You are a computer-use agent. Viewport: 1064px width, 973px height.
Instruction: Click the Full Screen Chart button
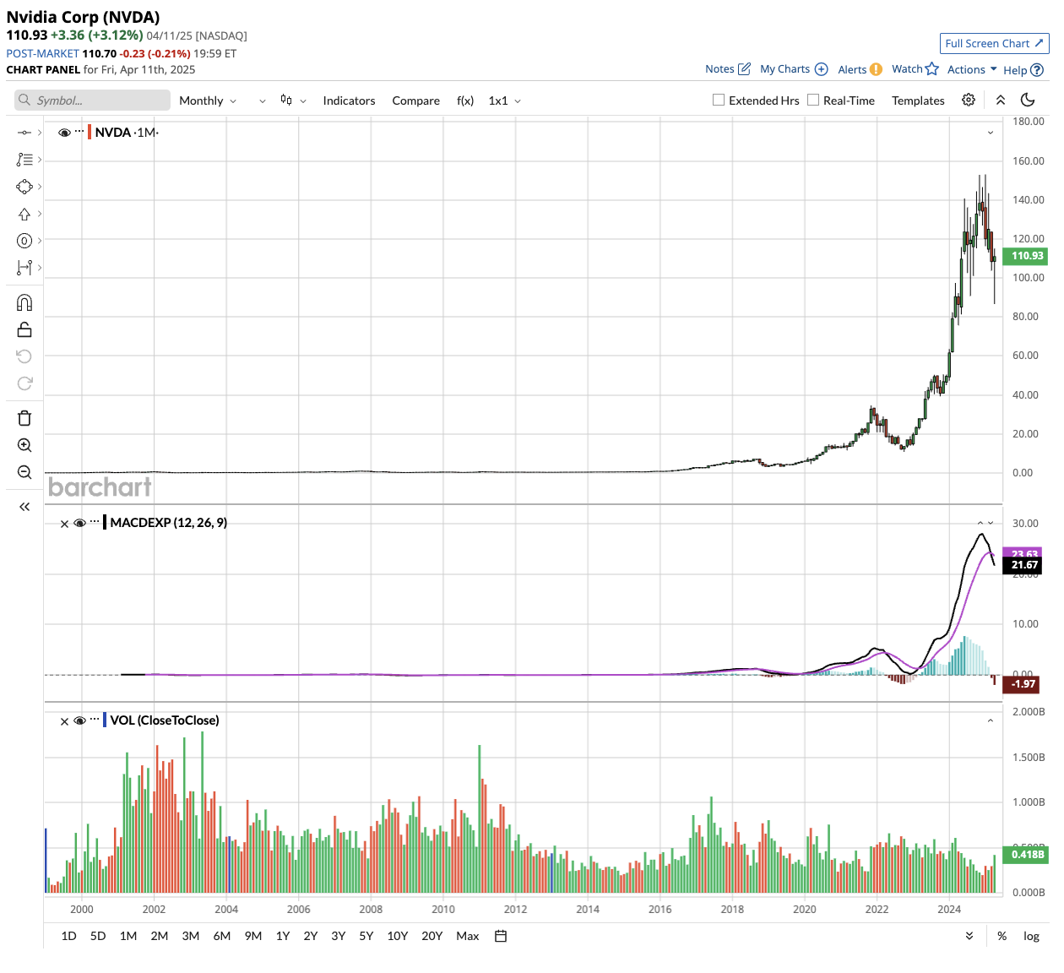994,44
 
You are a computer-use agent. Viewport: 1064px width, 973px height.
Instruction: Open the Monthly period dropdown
208,101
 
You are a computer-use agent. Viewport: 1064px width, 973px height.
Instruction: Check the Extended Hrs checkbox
719,100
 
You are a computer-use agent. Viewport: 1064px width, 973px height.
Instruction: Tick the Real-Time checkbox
813,100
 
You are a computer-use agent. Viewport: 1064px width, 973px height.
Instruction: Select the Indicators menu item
349,101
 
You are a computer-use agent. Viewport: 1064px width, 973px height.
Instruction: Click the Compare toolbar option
415,101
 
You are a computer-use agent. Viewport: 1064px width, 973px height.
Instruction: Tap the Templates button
918,101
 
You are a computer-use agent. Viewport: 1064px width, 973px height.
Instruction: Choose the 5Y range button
366,936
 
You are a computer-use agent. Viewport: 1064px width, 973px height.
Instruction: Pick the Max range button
467,936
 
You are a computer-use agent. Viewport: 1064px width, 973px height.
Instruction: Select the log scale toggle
1031,936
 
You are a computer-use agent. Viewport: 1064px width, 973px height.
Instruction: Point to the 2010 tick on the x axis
443,910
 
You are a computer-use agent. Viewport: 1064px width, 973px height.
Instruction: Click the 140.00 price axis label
1028,200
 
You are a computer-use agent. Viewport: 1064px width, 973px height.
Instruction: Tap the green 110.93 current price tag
1027,256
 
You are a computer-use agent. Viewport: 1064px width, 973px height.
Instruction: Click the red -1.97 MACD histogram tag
1023,684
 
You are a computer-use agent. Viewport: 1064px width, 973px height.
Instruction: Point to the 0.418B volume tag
1027,855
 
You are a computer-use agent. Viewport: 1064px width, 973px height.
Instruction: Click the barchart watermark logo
100,487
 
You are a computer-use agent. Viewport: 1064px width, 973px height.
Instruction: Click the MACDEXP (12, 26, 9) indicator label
169,523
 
